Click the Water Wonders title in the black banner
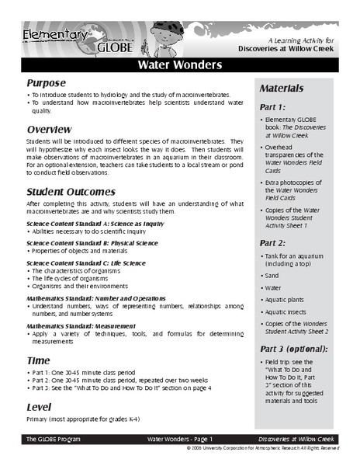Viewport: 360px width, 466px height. tap(180, 64)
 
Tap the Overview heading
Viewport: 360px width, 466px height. tap(50, 128)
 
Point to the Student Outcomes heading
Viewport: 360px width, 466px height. tap(71, 191)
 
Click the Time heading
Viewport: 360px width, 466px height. tap(39, 361)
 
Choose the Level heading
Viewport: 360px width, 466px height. tap(40, 406)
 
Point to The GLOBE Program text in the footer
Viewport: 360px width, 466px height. tap(52, 440)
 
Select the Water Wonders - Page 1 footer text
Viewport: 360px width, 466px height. tap(179, 440)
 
